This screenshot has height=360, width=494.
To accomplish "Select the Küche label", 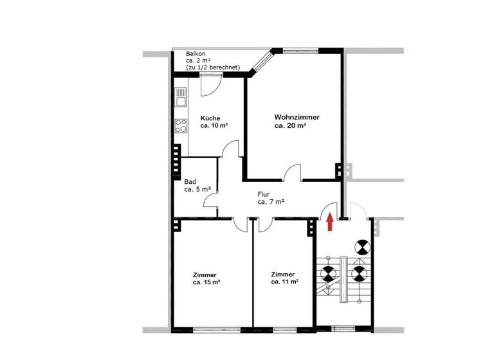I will click(x=210, y=118).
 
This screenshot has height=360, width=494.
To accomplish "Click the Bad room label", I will click(x=190, y=182).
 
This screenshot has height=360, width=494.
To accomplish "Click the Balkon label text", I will click(x=196, y=53).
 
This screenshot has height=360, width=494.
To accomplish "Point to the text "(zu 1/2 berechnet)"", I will click(x=213, y=67).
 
